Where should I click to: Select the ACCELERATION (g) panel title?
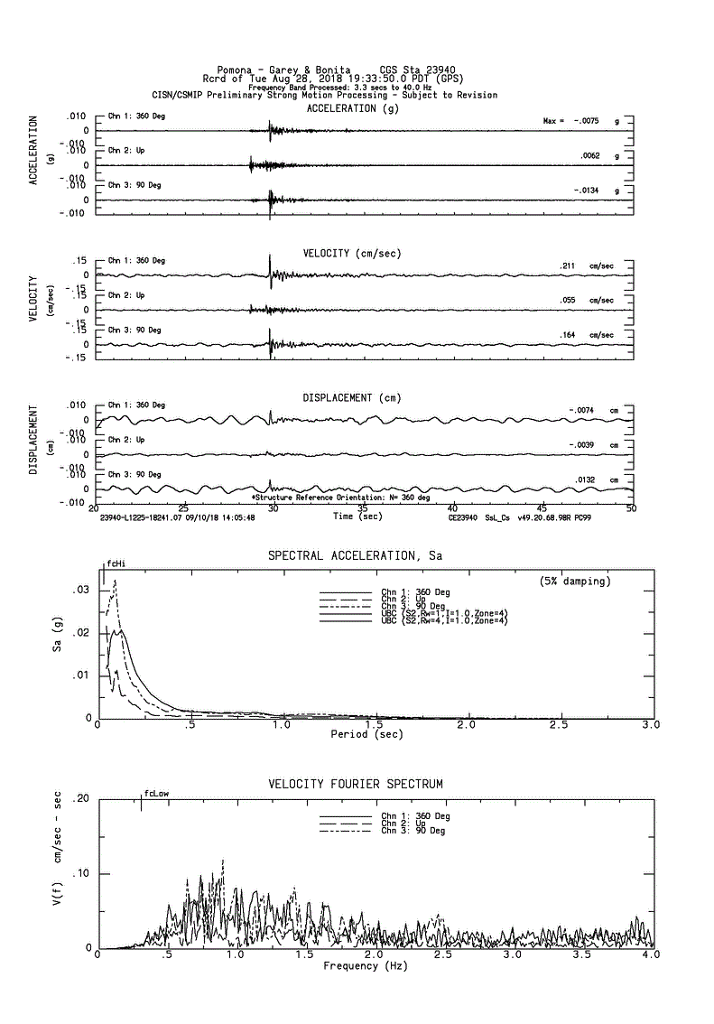tap(352, 108)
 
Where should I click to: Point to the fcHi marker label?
tap(116, 563)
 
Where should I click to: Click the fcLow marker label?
tap(156, 794)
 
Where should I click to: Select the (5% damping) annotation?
tap(575, 580)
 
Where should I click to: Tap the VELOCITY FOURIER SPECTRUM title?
tap(356, 784)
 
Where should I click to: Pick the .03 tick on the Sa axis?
tap(81, 590)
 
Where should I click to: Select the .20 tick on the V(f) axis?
tap(81, 799)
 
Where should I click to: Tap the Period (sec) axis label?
tap(366, 735)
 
